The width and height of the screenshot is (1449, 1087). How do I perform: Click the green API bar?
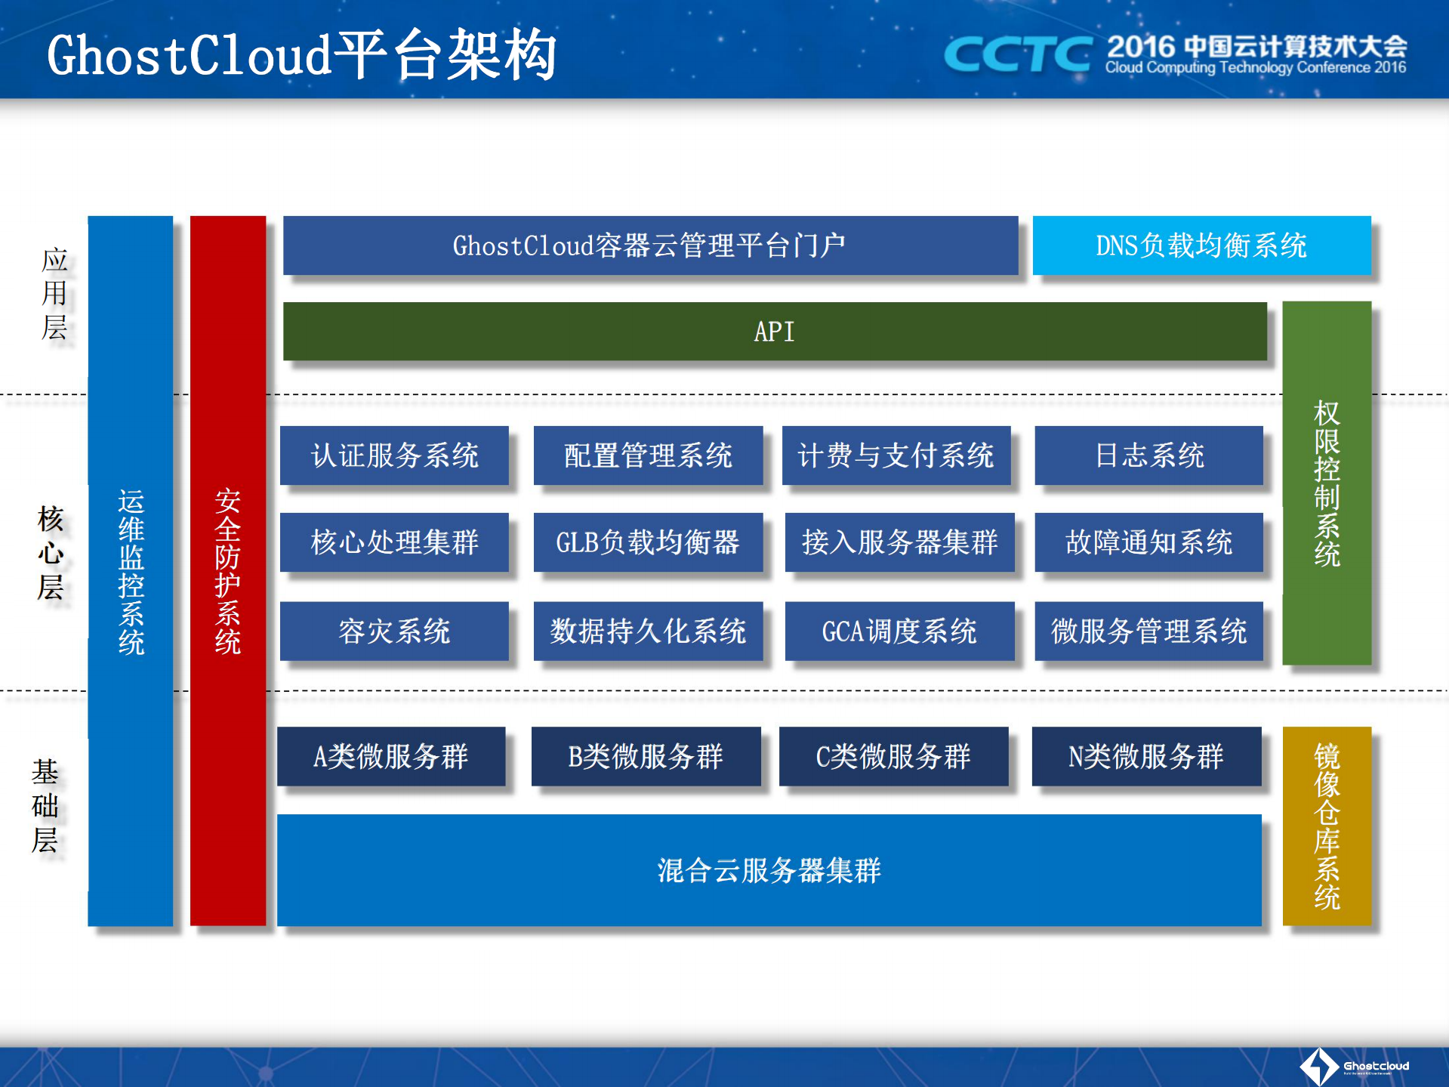point(775,332)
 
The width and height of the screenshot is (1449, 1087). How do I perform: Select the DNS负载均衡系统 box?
point(1201,246)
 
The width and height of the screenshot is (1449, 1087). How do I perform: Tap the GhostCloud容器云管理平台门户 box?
point(650,246)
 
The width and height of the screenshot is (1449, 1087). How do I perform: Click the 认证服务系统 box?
point(394,455)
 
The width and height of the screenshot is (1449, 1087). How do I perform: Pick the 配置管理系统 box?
point(648,455)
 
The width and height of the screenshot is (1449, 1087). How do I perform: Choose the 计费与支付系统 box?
point(896,455)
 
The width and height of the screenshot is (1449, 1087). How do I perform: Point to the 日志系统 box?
point(1148,455)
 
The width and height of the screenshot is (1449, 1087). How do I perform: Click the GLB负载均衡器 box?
point(648,542)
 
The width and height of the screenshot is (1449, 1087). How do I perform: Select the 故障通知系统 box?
point(1148,542)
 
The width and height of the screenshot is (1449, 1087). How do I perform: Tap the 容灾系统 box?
point(394,631)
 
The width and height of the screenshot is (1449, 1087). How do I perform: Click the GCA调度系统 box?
point(899,631)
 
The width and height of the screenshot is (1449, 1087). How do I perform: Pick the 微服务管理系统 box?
point(1148,631)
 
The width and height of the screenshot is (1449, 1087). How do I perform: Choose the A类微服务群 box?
point(391,756)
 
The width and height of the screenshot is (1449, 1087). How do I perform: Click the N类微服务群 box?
point(1146,756)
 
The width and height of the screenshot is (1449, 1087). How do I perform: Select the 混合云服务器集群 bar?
point(769,870)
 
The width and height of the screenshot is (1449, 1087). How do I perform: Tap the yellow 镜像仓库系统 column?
point(1327,826)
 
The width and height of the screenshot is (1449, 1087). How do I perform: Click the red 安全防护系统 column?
point(228,570)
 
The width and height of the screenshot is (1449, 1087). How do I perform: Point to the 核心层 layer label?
point(51,553)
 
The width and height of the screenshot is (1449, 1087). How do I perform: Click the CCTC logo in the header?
point(1017,54)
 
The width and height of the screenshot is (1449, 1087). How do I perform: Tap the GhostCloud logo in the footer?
point(1354,1066)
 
